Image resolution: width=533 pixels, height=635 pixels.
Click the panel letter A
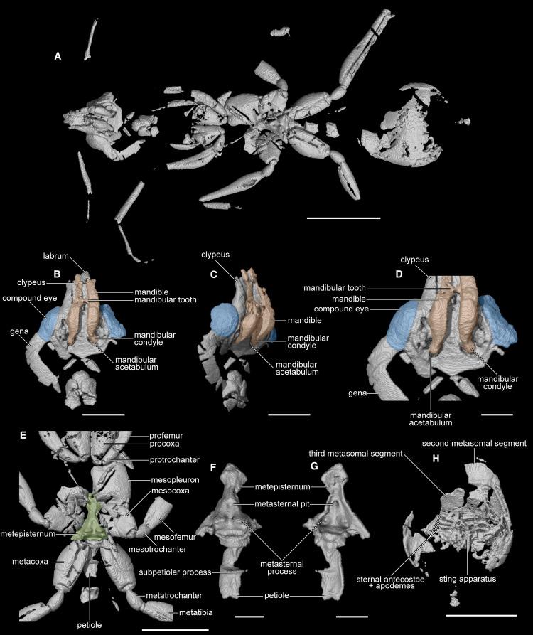click(58, 56)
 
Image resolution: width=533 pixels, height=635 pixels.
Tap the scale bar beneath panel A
click(343, 218)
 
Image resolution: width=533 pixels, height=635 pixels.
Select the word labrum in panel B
click(56, 256)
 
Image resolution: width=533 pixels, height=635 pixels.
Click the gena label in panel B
click(19, 331)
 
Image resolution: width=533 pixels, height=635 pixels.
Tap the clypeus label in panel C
click(215, 255)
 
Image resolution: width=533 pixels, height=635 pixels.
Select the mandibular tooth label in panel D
click(335, 288)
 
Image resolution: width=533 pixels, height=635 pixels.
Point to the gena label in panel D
click(357, 393)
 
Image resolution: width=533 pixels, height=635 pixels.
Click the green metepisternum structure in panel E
click(92, 521)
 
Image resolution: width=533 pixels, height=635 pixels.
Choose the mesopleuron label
click(176, 480)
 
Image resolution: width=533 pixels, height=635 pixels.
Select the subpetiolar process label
click(175, 572)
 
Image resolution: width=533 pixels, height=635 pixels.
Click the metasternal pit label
click(282, 504)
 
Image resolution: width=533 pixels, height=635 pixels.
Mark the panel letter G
click(314, 466)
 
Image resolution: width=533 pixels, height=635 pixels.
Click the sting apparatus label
click(468, 579)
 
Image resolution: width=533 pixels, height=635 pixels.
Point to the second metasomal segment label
click(474, 444)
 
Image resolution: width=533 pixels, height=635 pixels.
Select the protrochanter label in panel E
click(175, 460)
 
